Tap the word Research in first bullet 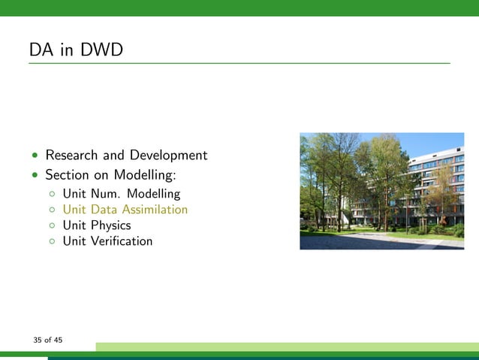[72, 156]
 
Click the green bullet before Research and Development [35, 156]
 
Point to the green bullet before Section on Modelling [35, 176]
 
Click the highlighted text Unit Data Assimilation [125, 210]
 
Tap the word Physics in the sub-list [110, 225]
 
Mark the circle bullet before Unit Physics [52, 225]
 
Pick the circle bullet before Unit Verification [52, 241]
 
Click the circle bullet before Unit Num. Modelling [52, 194]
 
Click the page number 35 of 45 [47, 340]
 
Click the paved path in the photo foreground [375, 242]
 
